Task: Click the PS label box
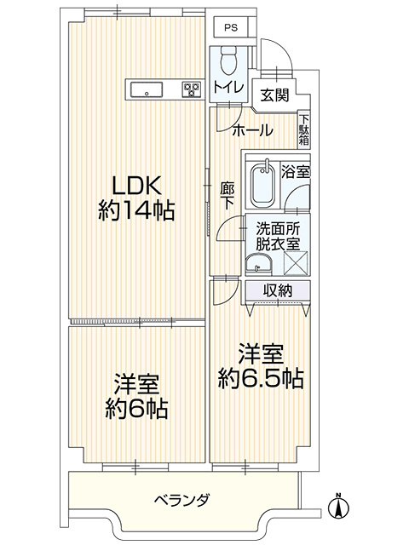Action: pos(229,27)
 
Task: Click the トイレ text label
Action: pos(228,87)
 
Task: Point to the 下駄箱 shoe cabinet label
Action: pos(304,129)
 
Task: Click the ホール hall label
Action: pos(252,130)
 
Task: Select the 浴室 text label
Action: pos(297,171)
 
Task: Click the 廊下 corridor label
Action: pos(227,197)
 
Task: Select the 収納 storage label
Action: pos(278,291)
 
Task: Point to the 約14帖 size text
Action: pos(136,211)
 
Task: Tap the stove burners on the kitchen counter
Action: pos(191,88)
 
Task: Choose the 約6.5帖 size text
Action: pos(261,376)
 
